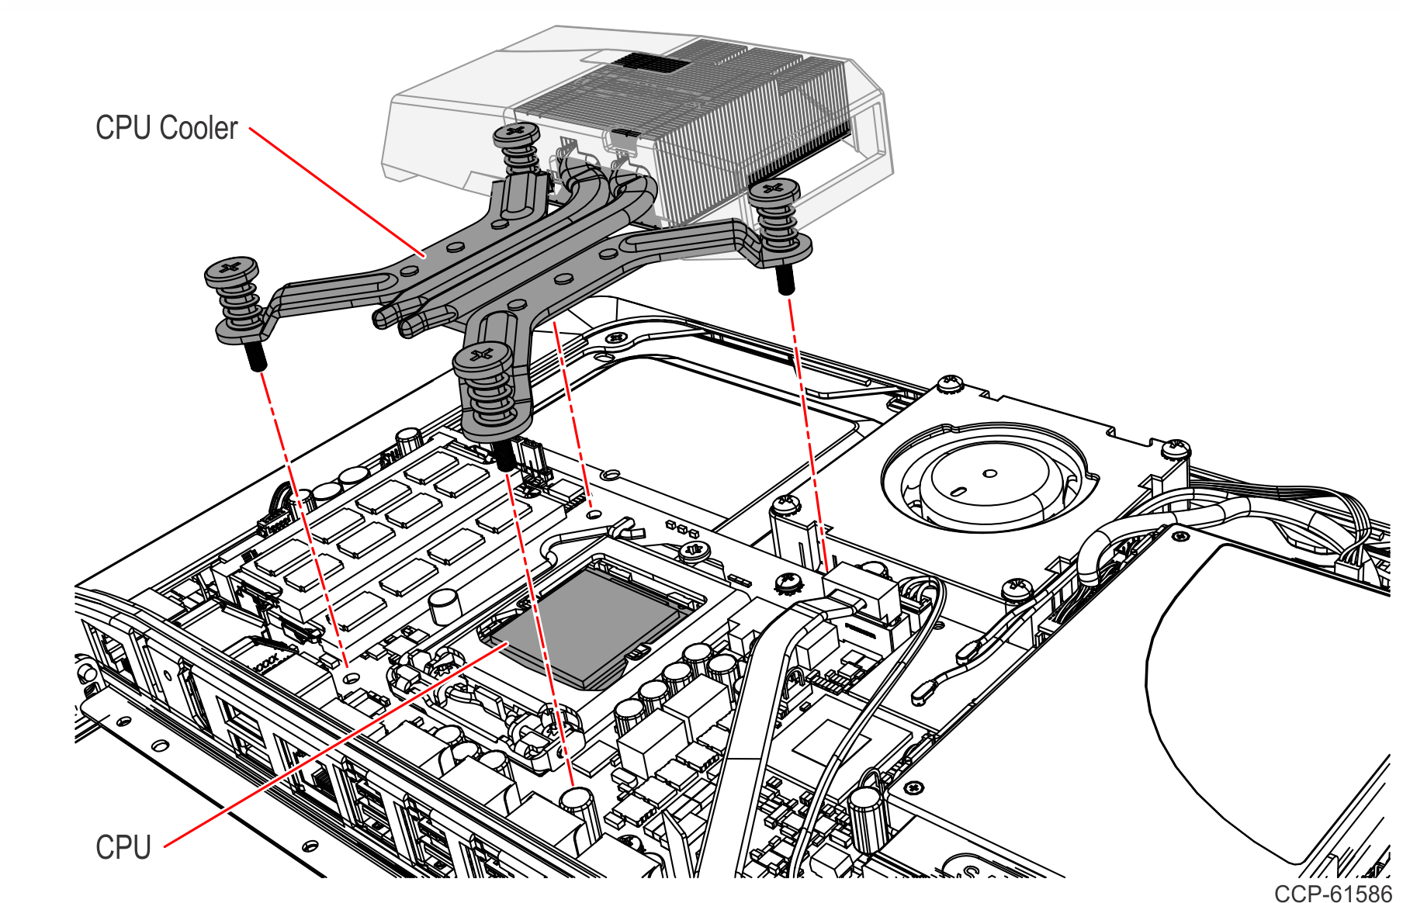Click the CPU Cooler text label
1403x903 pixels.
[x=166, y=128]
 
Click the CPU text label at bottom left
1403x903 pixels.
[x=123, y=847]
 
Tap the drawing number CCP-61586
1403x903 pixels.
[x=1332, y=893]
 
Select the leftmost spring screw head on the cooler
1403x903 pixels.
[x=231, y=271]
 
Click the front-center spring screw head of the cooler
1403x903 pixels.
[x=482, y=358]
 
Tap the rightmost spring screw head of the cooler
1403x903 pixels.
[x=774, y=189]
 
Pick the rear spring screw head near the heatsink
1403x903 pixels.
[x=517, y=133]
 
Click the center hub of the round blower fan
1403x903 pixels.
[x=990, y=473]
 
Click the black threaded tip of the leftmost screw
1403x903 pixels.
[x=256, y=357]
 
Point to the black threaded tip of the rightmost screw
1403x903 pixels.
[x=785, y=279]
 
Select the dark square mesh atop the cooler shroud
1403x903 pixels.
[x=652, y=61]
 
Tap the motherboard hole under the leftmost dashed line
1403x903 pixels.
[x=352, y=677]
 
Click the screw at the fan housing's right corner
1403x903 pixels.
[x=1176, y=448]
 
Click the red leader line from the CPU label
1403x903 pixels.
[x=334, y=745]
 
